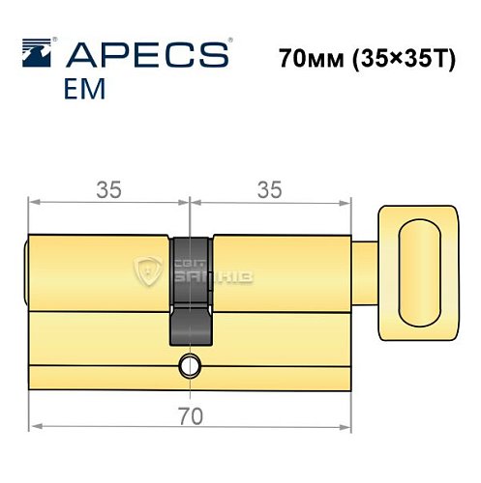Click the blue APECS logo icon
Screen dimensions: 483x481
[x=40, y=53]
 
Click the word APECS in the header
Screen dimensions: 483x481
[x=146, y=53]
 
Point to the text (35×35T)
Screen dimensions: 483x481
[x=405, y=57]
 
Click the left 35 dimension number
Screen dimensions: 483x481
[x=108, y=191]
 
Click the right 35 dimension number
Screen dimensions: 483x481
[x=271, y=191]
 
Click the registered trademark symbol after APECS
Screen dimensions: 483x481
[x=228, y=43]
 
